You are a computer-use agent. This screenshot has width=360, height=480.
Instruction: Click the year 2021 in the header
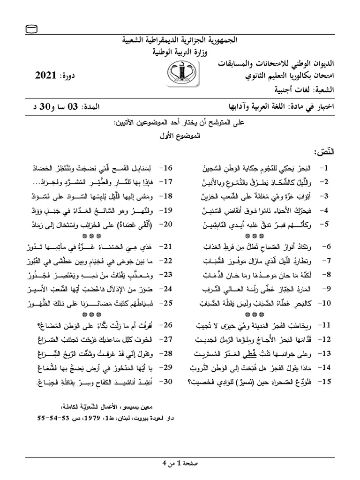(x=46, y=75)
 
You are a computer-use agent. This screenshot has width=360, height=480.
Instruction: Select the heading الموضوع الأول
(x=180, y=136)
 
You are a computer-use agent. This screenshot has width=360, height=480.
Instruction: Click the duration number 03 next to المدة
(x=89, y=106)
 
